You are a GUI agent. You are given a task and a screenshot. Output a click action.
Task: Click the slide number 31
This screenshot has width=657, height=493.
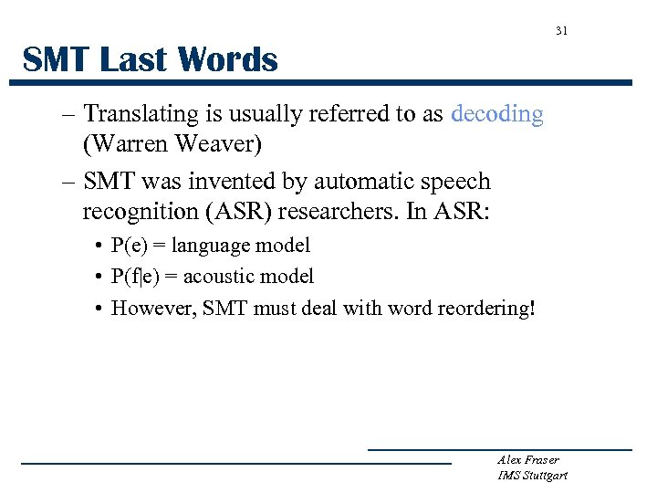pos(561,31)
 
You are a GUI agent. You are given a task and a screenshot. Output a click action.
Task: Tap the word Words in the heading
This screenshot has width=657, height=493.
pos(229,60)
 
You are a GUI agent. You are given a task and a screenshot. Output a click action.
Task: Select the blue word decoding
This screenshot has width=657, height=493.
pos(497,114)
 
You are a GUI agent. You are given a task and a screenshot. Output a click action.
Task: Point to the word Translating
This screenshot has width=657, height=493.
pos(141,114)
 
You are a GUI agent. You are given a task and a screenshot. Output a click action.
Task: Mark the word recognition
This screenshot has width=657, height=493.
pos(135,212)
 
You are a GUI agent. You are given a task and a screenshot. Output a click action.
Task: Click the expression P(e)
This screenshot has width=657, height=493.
pos(130,246)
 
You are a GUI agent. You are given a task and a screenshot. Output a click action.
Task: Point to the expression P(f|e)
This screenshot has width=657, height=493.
pos(136,277)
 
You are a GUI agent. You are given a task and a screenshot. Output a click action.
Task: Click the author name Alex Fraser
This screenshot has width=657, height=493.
pos(528,460)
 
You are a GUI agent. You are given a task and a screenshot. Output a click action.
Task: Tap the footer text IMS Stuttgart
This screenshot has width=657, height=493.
pos(532,476)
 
